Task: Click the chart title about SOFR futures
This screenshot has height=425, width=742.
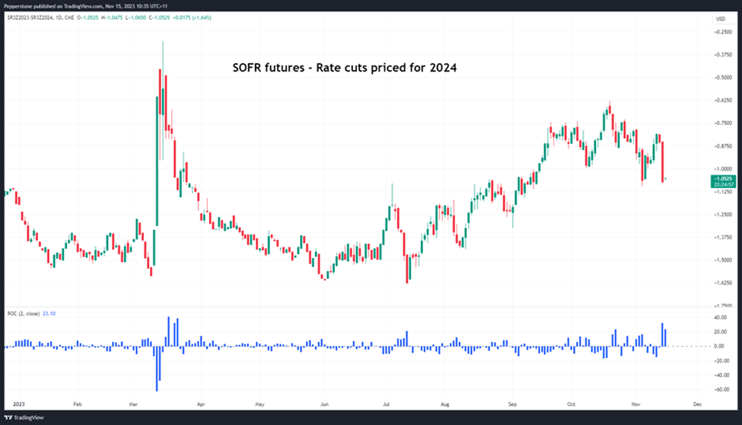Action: coord(344,68)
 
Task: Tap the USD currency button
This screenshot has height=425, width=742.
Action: coord(719,18)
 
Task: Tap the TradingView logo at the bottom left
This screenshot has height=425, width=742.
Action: coord(25,417)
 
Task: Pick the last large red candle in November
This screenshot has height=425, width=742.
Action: coord(664,161)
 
